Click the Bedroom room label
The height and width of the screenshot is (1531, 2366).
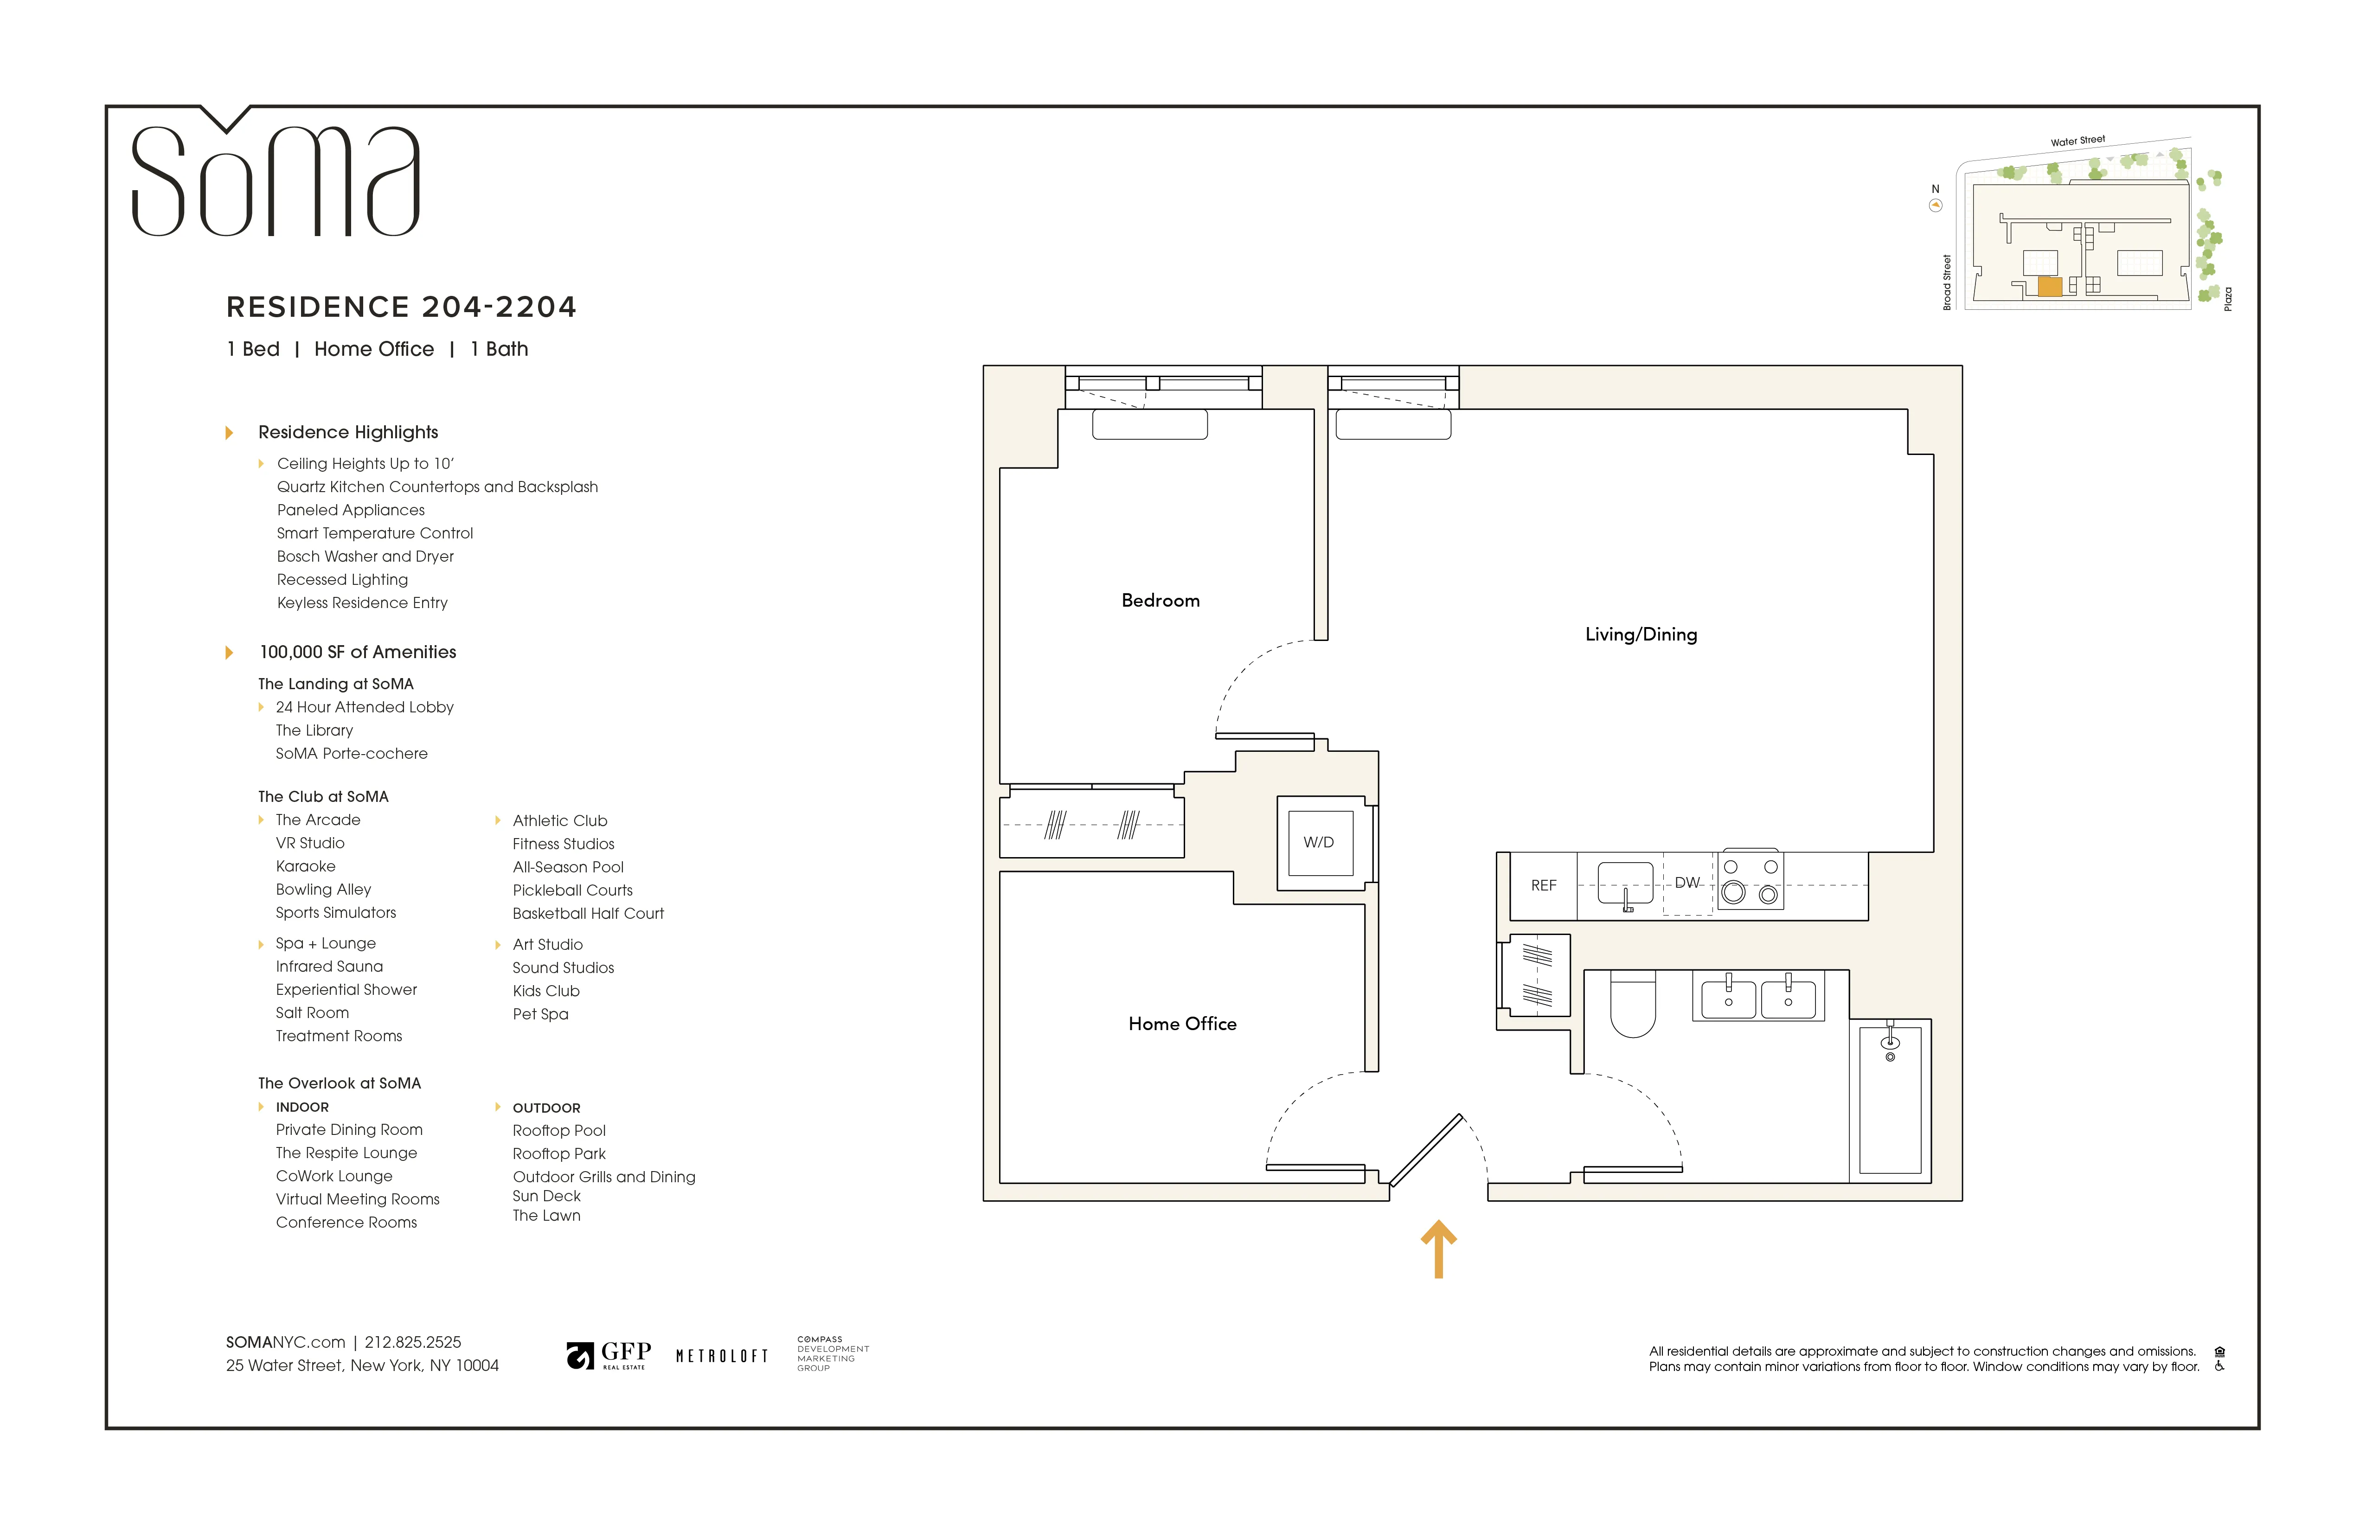click(1160, 601)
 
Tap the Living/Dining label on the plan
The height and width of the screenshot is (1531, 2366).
click(1640, 634)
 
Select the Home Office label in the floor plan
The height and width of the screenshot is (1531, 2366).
click(1182, 1024)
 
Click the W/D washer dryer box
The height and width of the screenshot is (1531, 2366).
click(1319, 842)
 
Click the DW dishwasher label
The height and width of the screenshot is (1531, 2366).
click(1687, 883)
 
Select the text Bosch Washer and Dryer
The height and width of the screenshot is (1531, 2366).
click(365, 557)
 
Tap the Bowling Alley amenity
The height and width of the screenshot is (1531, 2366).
click(323, 890)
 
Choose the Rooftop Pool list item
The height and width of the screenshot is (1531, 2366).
click(559, 1130)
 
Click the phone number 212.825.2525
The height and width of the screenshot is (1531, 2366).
click(412, 1342)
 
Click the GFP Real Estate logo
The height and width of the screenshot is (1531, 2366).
click(609, 1355)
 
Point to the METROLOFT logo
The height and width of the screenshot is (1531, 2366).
click(722, 1356)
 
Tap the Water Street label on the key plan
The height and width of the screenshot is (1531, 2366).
click(2077, 141)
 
